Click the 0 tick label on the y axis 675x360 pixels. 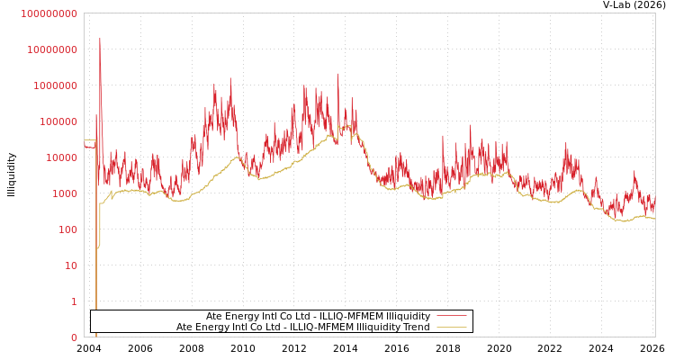pyautogui.click(x=75, y=337)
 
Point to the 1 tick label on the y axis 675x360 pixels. pyautogui.click(x=75, y=301)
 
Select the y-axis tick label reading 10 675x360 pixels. pyautogui.click(x=71, y=265)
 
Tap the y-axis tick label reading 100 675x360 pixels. pyautogui.click(x=67, y=229)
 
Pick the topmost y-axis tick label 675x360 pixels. pyautogui.click(x=49, y=13)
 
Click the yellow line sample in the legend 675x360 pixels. pyautogui.click(x=451, y=328)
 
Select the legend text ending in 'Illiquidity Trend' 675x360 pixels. pyautogui.click(x=302, y=328)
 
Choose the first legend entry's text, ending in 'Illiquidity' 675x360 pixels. pyautogui.click(x=318, y=317)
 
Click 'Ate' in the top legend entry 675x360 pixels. pyautogui.click(x=214, y=317)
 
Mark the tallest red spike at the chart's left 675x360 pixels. pyautogui.click(x=100, y=39)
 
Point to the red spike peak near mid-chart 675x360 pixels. pyautogui.click(x=338, y=75)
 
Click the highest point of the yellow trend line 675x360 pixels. pyautogui.click(x=354, y=132)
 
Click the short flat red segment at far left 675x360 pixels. pyautogui.click(x=89, y=147)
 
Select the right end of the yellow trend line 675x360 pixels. pyautogui.click(x=654, y=219)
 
